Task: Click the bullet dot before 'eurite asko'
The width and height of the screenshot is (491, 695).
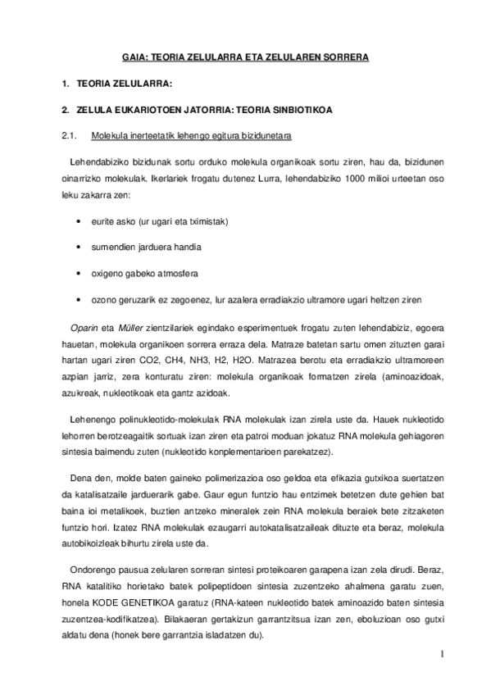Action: pos(77,222)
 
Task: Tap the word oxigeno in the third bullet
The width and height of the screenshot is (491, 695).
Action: pos(107,272)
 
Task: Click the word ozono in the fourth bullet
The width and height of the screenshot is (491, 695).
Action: pos(105,298)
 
